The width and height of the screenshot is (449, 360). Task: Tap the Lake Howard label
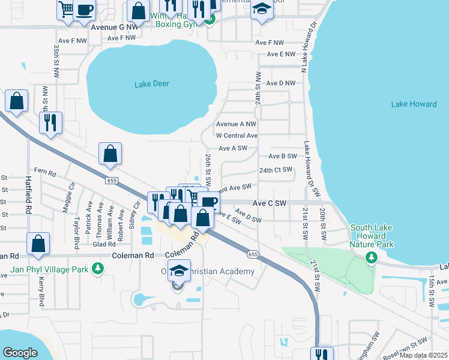pos(414,104)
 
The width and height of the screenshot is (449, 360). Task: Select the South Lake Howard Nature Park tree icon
pos(372,257)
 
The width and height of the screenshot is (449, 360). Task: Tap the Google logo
pos(20,353)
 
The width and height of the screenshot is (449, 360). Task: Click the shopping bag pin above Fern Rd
pos(110,155)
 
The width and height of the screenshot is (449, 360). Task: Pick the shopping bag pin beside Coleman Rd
pos(38,244)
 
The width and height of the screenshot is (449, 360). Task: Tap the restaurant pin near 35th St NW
pos(50,122)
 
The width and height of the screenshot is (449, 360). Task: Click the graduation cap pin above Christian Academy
pos(179,271)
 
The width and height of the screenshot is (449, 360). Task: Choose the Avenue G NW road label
pos(114,27)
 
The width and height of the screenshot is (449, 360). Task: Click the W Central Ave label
pos(237,136)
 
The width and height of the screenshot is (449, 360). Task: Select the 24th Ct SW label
pos(275,170)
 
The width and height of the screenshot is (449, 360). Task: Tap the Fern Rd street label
pos(45,172)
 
